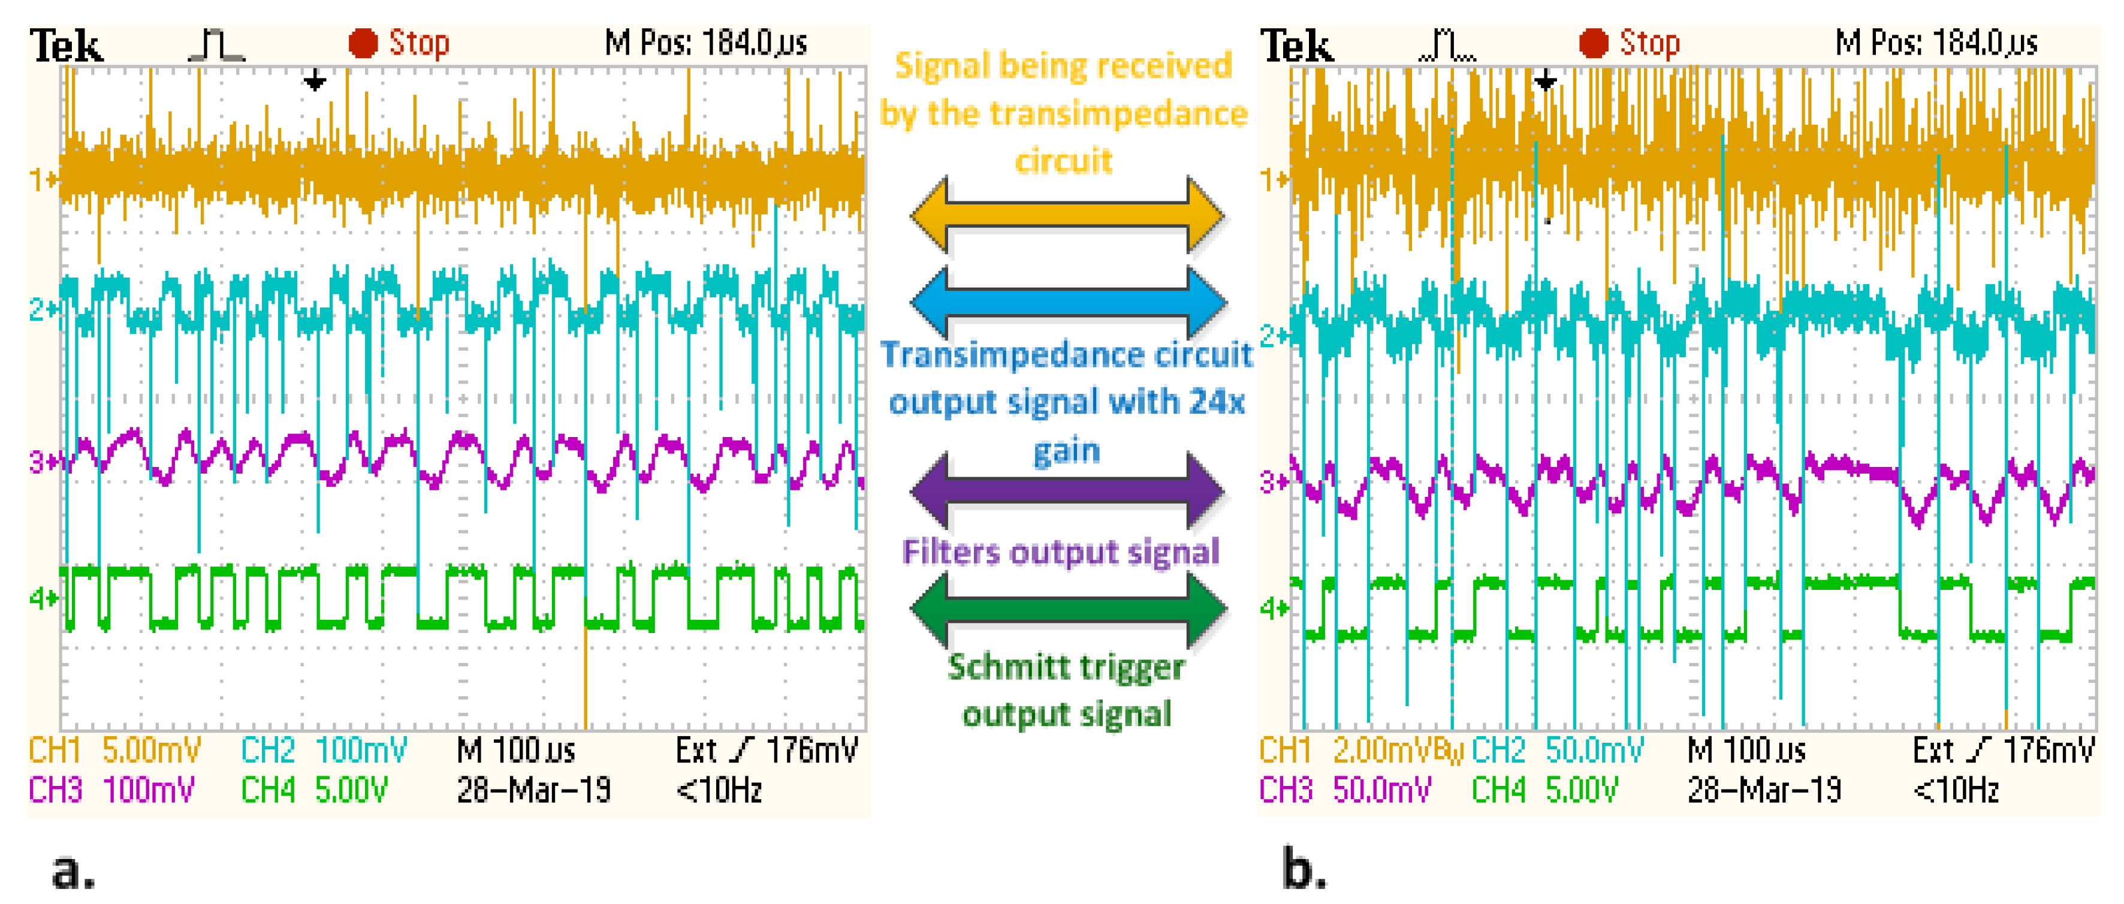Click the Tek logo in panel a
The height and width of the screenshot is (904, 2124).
tap(67, 46)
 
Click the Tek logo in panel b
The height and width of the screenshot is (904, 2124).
tap(1296, 46)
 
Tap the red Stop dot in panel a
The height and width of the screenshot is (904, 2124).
tap(363, 43)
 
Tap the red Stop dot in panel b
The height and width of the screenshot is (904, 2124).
tap(1593, 43)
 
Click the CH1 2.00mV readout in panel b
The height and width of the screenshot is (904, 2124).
tap(1352, 751)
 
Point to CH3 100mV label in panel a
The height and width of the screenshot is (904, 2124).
tap(111, 790)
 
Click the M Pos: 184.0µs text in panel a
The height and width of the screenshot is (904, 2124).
tap(706, 43)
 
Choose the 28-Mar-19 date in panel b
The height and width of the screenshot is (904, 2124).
tap(1764, 790)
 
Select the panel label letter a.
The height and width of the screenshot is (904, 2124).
tap(73, 871)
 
